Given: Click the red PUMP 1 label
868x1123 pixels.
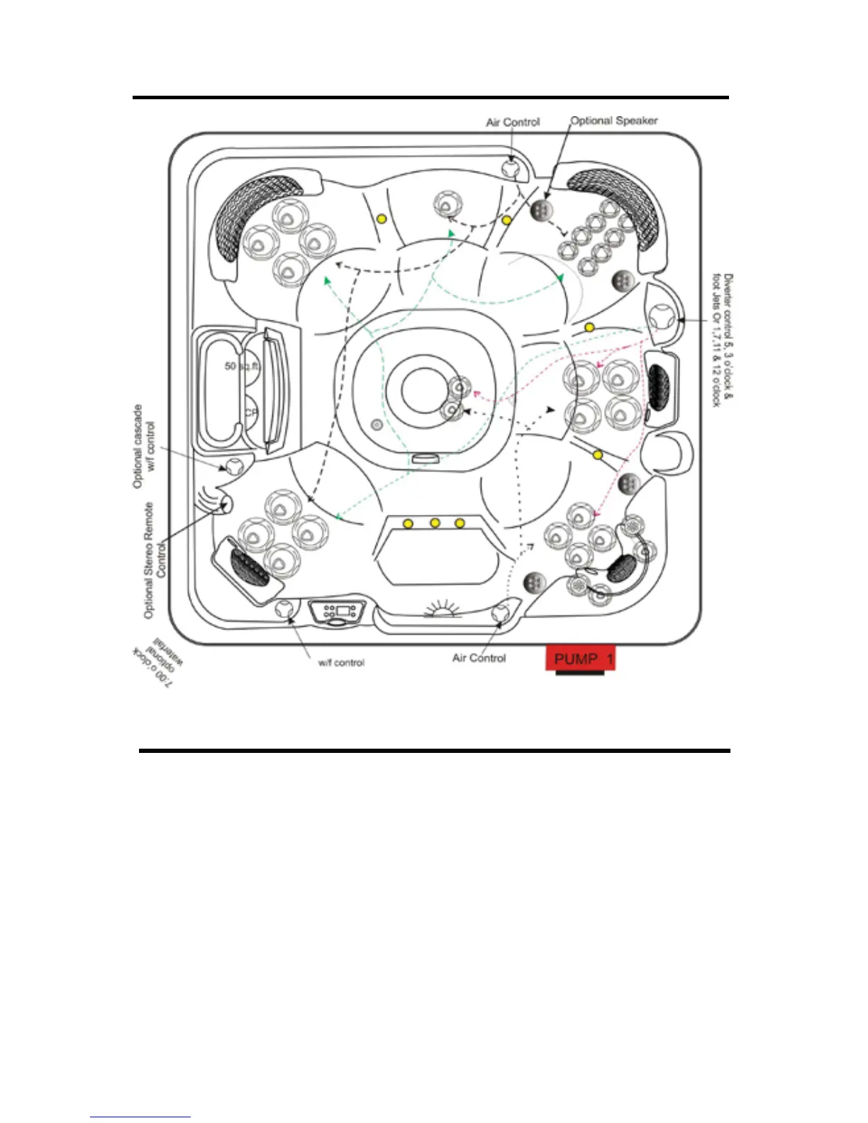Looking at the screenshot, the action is pyautogui.click(x=580, y=659).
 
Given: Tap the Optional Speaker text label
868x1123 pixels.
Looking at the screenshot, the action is pyautogui.click(x=614, y=121).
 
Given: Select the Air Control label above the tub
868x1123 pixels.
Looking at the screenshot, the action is pyautogui.click(x=513, y=122).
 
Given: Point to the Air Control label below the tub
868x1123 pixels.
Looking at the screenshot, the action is pyautogui.click(x=479, y=658).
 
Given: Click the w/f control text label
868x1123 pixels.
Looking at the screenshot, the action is pyautogui.click(x=341, y=663).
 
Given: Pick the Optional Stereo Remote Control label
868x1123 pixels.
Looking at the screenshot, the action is pyautogui.click(x=155, y=560).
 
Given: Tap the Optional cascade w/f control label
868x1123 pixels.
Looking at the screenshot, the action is pyautogui.click(x=143, y=446).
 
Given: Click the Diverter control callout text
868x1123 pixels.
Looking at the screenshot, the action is pyautogui.click(x=723, y=340).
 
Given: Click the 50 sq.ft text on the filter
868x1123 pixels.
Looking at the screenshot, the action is pyautogui.click(x=242, y=367).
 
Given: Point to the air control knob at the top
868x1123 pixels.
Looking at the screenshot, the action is pyautogui.click(x=511, y=168).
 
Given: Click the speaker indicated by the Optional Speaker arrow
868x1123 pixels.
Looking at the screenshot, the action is pyautogui.click(x=541, y=210).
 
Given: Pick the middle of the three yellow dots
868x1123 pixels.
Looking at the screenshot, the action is pyautogui.click(x=435, y=523).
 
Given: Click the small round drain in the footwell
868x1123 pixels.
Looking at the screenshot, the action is pyautogui.click(x=377, y=425).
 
